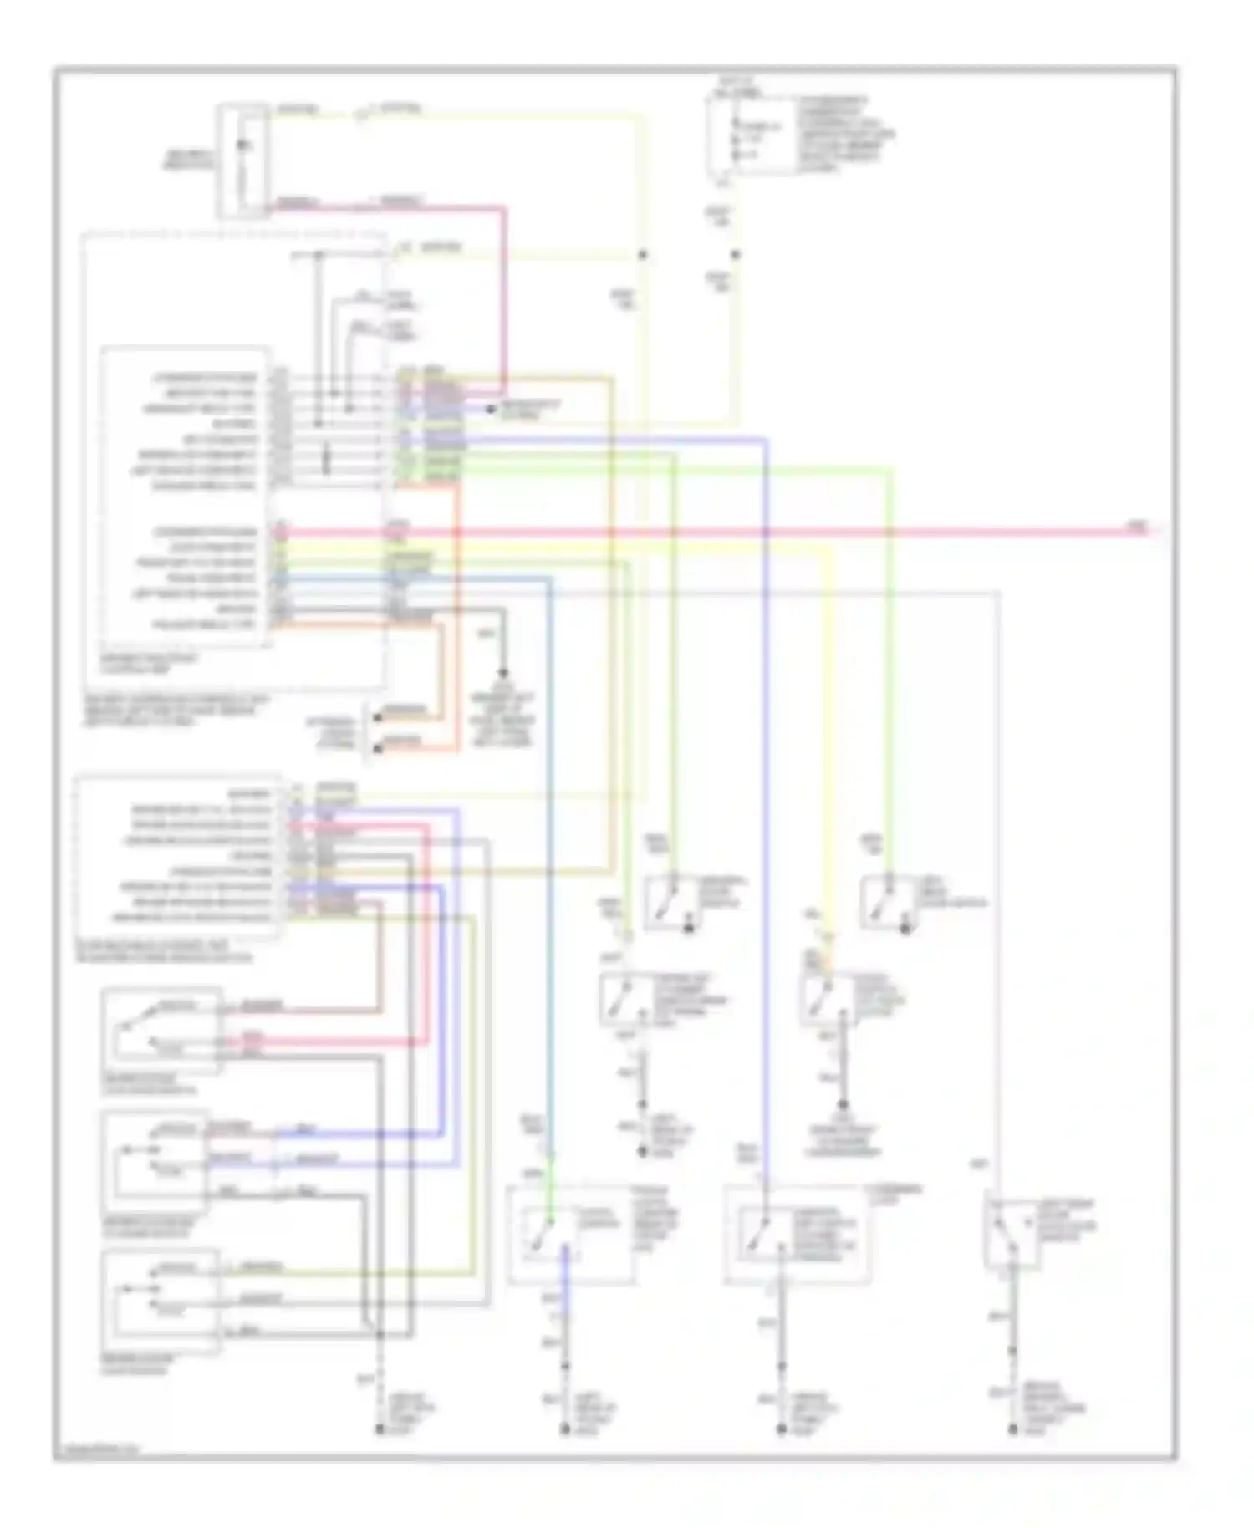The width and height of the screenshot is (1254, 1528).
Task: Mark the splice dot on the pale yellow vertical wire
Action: [x=643, y=254]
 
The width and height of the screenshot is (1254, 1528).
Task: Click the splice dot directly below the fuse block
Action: [x=735, y=254]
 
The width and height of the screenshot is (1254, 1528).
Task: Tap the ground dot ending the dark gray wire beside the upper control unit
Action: [x=503, y=673]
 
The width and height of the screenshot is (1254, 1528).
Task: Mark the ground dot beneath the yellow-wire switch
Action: [x=843, y=1105]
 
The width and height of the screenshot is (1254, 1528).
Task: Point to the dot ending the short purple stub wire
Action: [x=491, y=409]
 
